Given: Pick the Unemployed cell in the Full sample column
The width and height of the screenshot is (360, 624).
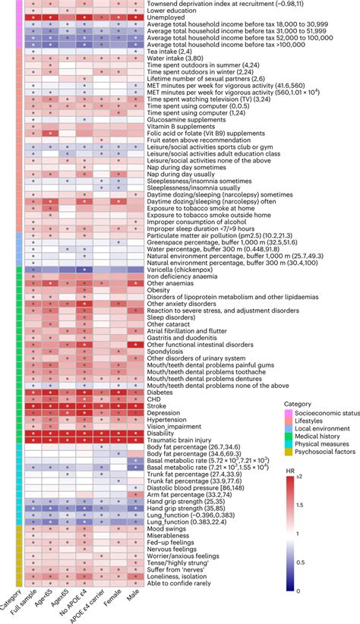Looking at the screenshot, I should (x=33, y=17).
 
